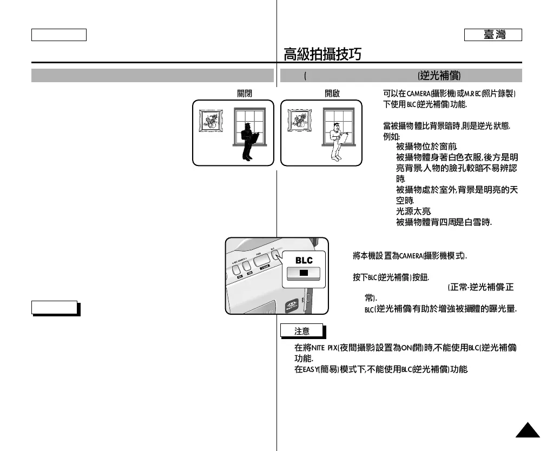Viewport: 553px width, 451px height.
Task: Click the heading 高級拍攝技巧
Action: point(323,54)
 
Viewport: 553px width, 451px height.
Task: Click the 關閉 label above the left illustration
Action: point(245,93)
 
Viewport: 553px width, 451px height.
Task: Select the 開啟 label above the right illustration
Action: point(332,93)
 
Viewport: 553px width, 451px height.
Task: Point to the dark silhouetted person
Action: point(248,142)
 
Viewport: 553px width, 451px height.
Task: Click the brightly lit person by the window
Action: point(336,142)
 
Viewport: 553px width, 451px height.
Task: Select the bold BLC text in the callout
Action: point(304,260)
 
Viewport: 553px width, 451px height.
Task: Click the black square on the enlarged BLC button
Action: point(304,273)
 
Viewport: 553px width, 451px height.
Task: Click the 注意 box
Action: point(301,330)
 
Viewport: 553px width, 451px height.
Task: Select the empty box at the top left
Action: point(59,35)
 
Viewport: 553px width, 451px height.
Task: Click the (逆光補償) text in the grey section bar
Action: point(439,76)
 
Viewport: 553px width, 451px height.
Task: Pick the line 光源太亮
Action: point(413,212)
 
